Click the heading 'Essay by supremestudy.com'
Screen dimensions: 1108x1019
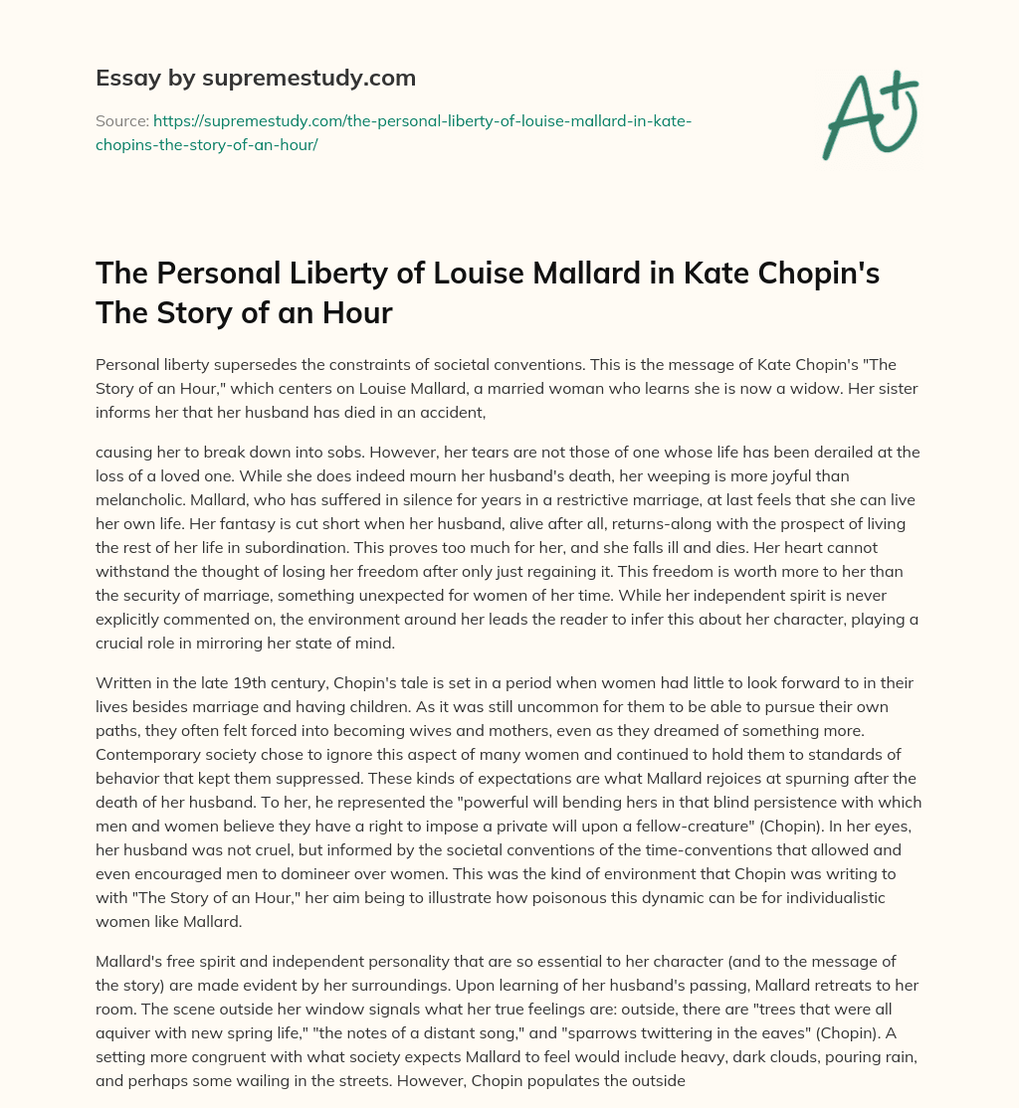(256, 78)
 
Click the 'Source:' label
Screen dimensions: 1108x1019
(121, 121)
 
